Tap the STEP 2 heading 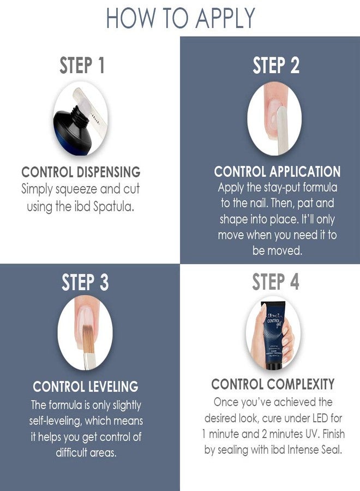click(277, 66)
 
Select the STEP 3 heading click(85, 283)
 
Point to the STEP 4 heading click(275, 283)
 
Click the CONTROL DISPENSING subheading click(81, 172)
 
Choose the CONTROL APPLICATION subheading click(277, 172)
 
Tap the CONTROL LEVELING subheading click(86, 387)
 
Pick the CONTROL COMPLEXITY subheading click(273, 384)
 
